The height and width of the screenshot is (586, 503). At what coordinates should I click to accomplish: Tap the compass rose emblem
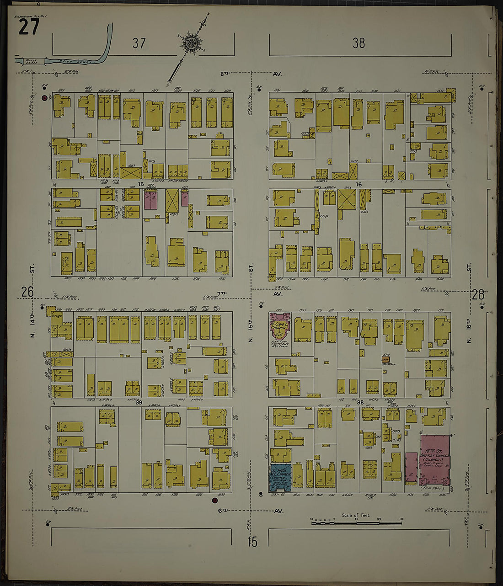tap(189, 44)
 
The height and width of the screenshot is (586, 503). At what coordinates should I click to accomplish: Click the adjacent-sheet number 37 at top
tap(139, 43)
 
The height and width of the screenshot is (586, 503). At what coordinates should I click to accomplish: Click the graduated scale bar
tap(357, 522)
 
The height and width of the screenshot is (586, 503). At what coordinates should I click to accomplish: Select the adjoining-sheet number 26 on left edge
tap(27, 292)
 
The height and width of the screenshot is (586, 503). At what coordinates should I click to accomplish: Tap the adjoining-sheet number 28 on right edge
tap(478, 294)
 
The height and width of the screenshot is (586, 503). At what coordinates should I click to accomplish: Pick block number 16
tap(359, 184)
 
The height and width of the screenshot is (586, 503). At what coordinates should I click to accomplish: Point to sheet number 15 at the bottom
tap(252, 542)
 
